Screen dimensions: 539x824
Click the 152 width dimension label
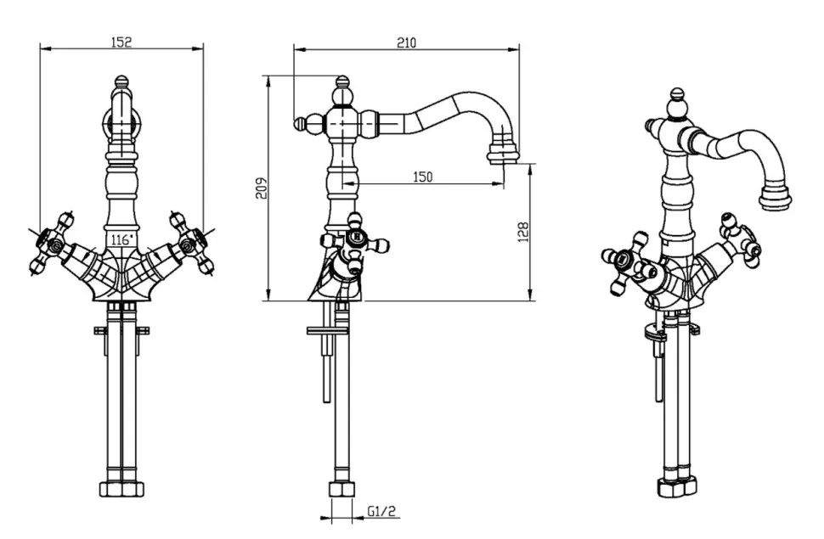pos(121,42)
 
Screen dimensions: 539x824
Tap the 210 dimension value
pos(406,42)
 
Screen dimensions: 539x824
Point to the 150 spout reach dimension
pos(423,177)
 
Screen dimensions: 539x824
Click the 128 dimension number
pos(523,232)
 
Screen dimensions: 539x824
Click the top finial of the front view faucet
pos(121,84)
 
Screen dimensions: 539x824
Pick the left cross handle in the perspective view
pos(625,262)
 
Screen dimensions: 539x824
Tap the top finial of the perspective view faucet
pos(676,95)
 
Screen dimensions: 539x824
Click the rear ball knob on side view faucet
pos(299,124)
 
